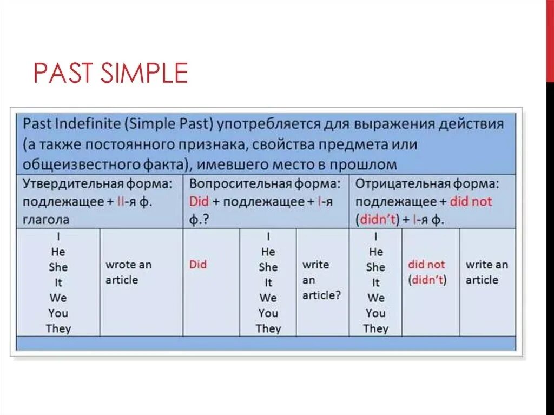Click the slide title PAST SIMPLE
(110, 73)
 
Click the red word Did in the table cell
(198, 265)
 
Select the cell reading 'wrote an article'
(128, 272)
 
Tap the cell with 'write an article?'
(322, 280)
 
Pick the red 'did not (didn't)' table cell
(427, 272)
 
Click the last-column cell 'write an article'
(487, 272)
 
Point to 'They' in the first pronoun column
(58, 328)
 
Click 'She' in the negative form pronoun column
(375, 267)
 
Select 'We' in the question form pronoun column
(268, 298)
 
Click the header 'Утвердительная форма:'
(97, 183)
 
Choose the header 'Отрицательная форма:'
(427, 183)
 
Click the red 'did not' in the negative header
(471, 201)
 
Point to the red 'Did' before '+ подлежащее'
(199, 201)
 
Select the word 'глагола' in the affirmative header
(46, 220)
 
